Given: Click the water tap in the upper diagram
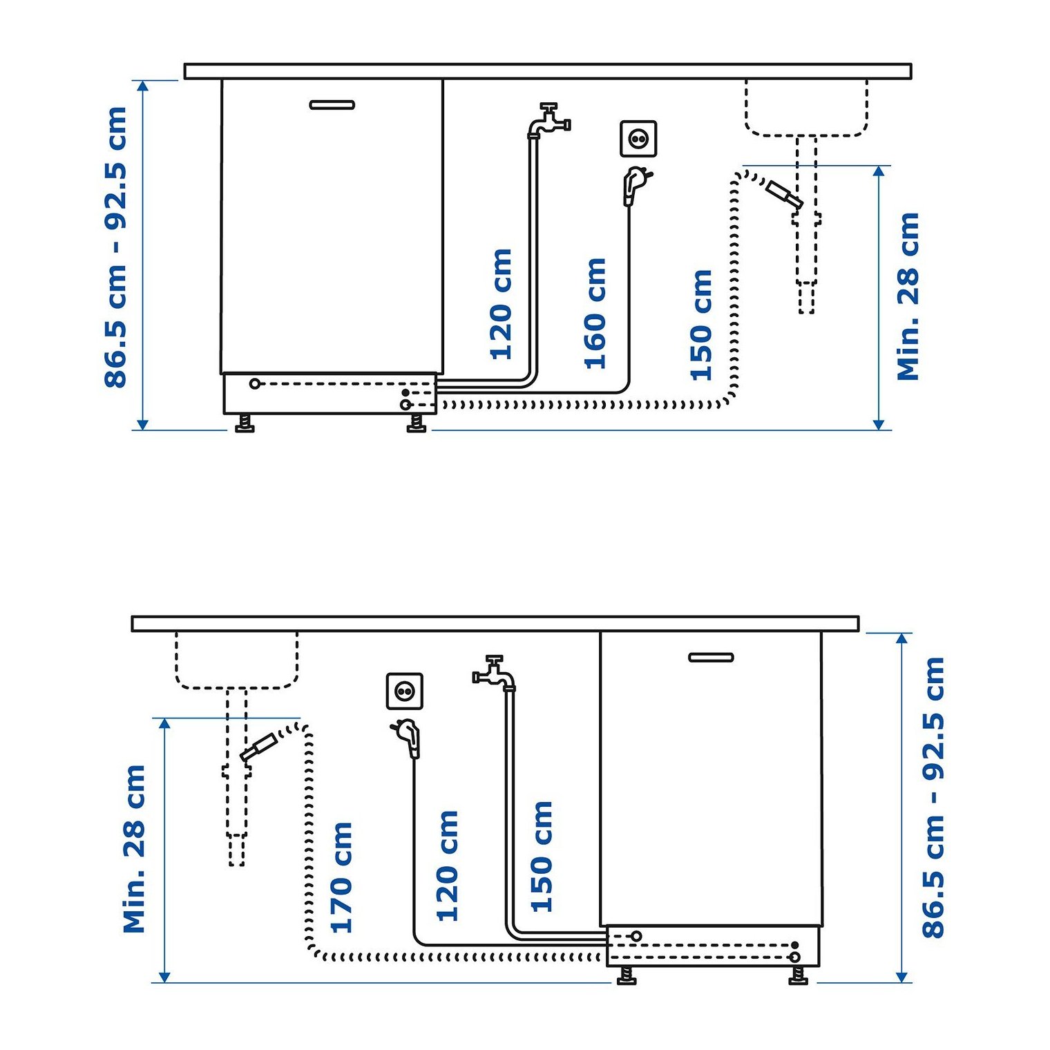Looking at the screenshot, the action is click(x=549, y=121).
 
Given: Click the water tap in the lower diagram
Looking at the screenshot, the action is click(x=494, y=673).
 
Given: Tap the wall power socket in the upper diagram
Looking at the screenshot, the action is click(x=638, y=139).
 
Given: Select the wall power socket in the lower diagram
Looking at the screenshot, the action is click(x=404, y=691).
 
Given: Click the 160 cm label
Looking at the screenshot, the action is click(x=595, y=314).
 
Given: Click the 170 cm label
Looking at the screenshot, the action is click(x=342, y=877).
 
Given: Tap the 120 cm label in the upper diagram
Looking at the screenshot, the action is click(x=501, y=305).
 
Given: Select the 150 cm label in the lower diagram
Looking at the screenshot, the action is click(x=542, y=857).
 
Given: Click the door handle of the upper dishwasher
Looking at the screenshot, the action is click(x=332, y=105).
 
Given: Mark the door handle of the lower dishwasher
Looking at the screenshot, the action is click(x=711, y=657).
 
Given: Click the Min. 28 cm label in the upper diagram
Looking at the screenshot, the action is click(x=908, y=296).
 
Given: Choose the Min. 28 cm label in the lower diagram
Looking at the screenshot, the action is click(x=134, y=849).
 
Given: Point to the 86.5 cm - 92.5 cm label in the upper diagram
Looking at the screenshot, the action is click(x=116, y=247).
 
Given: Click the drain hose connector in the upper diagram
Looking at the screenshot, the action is click(x=785, y=194).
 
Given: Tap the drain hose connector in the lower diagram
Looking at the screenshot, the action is click(x=258, y=747).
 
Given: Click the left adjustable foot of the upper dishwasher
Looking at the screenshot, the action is click(x=245, y=423).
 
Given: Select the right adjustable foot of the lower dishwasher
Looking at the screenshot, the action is click(x=799, y=975).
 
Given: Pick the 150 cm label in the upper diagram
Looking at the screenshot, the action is click(x=701, y=325).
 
